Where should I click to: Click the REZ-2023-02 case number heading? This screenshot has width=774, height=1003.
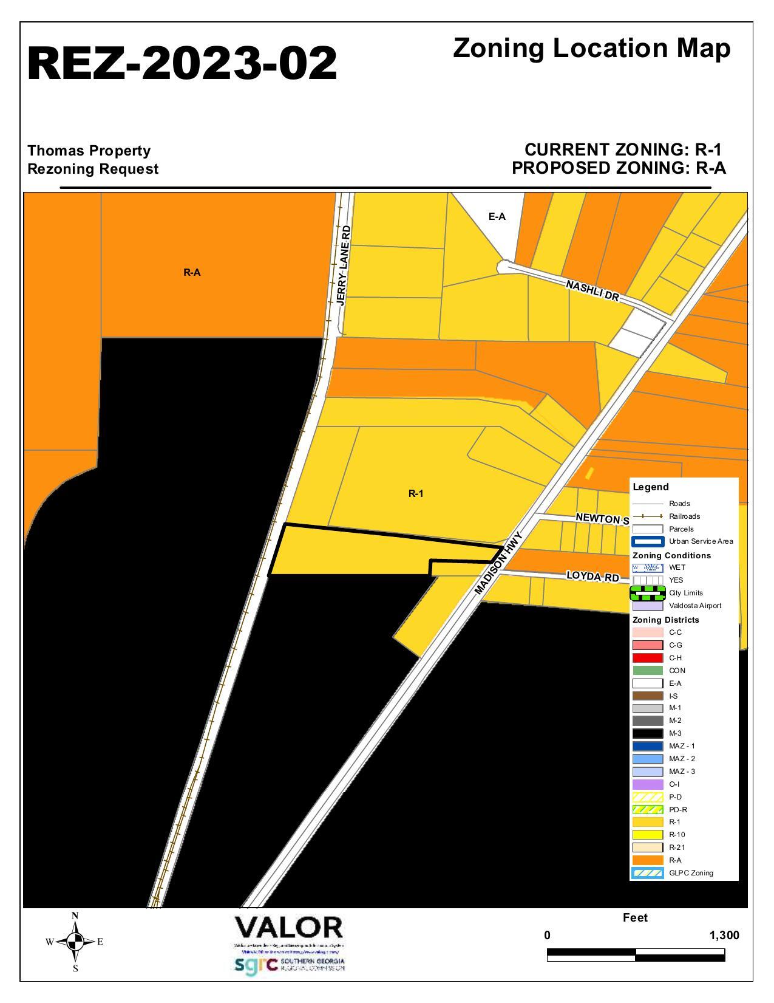pos(182,63)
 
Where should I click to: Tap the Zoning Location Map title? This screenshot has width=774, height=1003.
pos(591,49)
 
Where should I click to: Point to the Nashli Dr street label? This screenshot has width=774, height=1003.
pos(592,291)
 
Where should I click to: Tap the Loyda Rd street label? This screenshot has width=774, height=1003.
pos(592,576)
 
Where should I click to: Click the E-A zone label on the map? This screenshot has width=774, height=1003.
pos(497,217)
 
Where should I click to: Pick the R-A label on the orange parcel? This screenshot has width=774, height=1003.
pos(192,273)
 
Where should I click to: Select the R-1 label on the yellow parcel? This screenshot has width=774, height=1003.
pos(416,494)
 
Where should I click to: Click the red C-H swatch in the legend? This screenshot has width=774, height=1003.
pos(647,658)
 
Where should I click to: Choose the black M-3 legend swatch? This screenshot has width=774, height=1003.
pos(647,733)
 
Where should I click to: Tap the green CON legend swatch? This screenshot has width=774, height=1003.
pos(647,671)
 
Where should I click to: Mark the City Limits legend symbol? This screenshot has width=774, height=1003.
pos(647,593)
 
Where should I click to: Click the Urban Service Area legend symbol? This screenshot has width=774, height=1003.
pos(647,541)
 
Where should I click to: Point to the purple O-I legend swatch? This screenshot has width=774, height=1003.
pos(647,784)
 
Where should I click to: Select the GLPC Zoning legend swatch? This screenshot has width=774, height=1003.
pos(647,873)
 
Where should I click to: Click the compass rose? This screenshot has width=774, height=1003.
pos(75,942)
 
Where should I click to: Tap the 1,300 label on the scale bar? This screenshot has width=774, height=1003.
pos(724,936)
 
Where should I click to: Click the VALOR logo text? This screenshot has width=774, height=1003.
pos(288,928)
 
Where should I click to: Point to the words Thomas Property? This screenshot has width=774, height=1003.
pos(89,151)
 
